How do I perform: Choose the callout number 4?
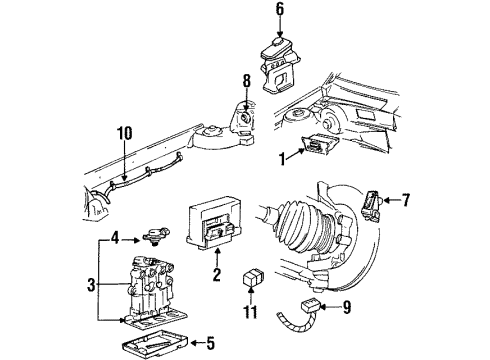click(x=116, y=239)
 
